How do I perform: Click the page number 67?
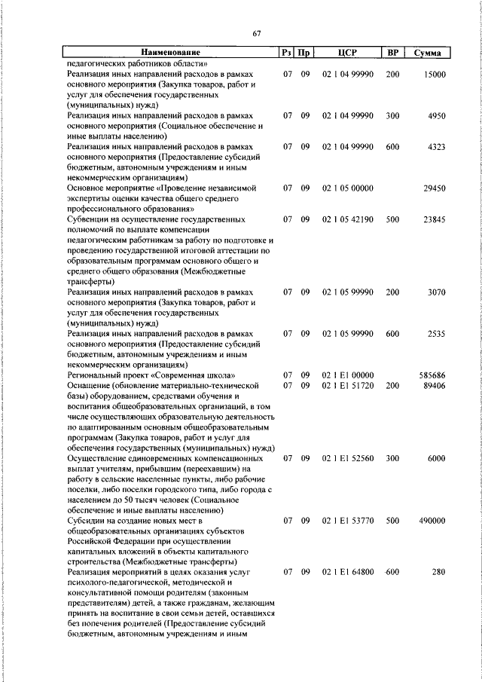click(x=256, y=33)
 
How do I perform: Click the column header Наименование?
click(x=170, y=53)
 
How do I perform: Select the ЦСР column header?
click(x=347, y=53)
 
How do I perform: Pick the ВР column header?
click(x=392, y=53)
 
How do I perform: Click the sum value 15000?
click(x=435, y=75)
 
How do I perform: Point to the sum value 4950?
click(x=437, y=116)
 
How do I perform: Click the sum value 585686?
click(x=432, y=375)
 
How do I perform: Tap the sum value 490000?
click(x=432, y=521)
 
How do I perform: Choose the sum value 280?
click(x=439, y=573)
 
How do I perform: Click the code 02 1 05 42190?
click(x=347, y=219)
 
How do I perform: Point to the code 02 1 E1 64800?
click(x=347, y=573)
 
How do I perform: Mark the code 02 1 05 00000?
click(x=347, y=187)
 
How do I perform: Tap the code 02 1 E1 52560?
click(x=347, y=458)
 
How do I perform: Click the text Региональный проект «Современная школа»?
click(x=152, y=375)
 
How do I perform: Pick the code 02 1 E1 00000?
click(x=347, y=375)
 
